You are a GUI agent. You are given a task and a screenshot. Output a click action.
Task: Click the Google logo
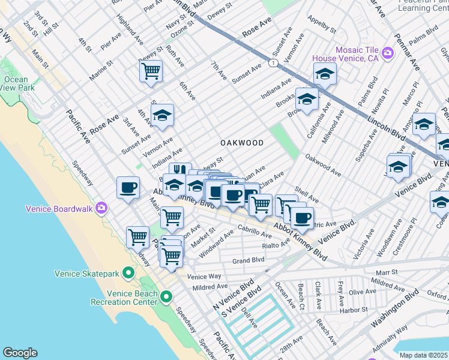pyautogui.click(x=20, y=353)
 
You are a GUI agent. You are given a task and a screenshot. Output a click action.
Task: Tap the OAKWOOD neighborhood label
pyautogui.click(x=242, y=143)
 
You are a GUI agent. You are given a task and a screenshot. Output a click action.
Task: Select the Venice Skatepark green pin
pyautogui.click(x=128, y=274)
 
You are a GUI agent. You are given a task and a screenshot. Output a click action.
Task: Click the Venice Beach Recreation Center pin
pyautogui.click(x=166, y=296)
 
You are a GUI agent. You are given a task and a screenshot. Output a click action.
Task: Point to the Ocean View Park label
pyautogui.click(x=16, y=83)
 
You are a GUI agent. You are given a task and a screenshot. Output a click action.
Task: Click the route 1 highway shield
pyautogui.click(x=273, y=63)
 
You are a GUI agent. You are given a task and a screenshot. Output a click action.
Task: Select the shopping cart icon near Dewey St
pyautogui.click(x=151, y=71)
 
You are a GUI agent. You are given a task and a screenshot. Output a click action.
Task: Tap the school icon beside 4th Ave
pyautogui.click(x=162, y=115)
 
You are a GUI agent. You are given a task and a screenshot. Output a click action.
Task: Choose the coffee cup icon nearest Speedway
pyautogui.click(x=127, y=187)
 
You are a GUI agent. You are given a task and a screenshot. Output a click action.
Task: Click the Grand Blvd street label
pyautogui.click(x=249, y=260)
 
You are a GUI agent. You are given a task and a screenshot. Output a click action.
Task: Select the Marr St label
pyautogui.click(x=387, y=272)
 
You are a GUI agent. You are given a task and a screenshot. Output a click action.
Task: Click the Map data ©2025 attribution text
pyautogui.click(x=423, y=355)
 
